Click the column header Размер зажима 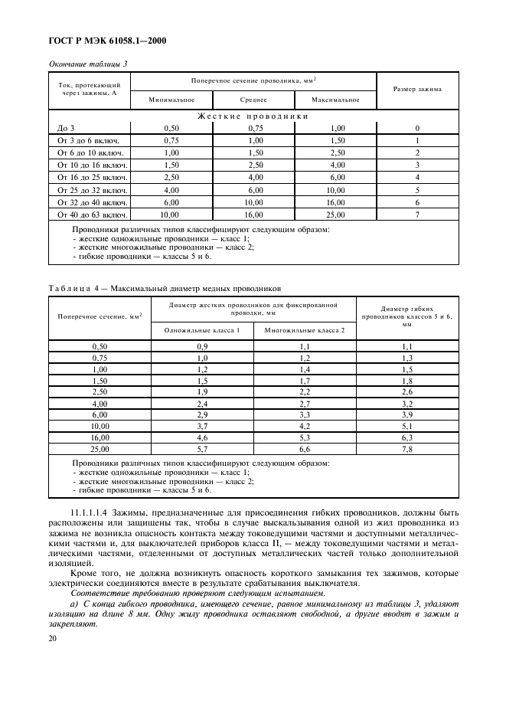(x=416, y=89)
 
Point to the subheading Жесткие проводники (x=253, y=116)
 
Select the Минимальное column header (x=171, y=100)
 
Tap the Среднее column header (x=253, y=100)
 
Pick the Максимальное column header (x=335, y=100)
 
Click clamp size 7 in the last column (x=417, y=214)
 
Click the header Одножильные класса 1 (x=202, y=330)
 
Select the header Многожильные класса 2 (x=305, y=330)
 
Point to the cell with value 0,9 (x=202, y=347)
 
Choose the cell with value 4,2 (x=305, y=425)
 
